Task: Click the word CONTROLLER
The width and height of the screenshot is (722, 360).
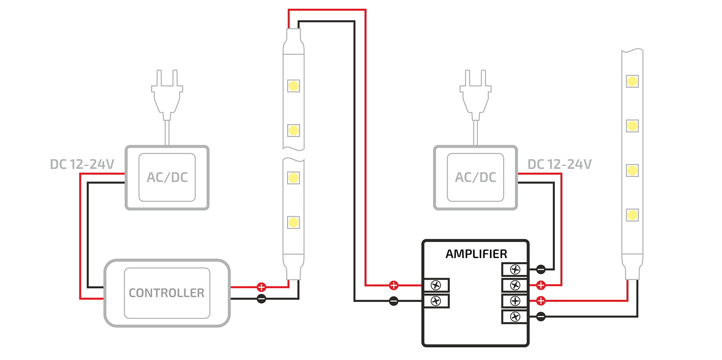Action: (166, 293)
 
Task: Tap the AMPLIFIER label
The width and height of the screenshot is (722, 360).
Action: (476, 254)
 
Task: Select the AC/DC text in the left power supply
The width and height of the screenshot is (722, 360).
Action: (167, 177)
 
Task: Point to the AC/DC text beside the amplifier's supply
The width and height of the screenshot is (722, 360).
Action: (475, 177)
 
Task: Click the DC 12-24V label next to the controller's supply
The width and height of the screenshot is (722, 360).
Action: (82, 164)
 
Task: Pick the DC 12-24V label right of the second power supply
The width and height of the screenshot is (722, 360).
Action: (560, 164)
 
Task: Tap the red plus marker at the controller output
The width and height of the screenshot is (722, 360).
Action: (261, 287)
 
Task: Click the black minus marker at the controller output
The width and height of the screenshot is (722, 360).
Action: (261, 299)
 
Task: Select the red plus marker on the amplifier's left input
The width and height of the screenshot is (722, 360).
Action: (393, 285)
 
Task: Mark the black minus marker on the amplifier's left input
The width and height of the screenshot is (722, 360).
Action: (393, 301)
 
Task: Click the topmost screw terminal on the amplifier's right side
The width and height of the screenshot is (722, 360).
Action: (515, 269)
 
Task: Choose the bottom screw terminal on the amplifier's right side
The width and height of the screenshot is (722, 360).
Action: (515, 317)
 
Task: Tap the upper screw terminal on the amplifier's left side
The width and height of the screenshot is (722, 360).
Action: (436, 285)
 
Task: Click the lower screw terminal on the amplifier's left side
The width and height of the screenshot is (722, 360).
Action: (436, 301)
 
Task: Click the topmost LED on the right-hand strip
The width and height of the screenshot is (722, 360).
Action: (632, 81)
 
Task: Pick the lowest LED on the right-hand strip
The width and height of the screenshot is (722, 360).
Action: (632, 215)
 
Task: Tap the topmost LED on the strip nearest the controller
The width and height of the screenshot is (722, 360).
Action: (293, 86)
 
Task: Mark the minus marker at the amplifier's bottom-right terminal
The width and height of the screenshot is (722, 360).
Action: (541, 317)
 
